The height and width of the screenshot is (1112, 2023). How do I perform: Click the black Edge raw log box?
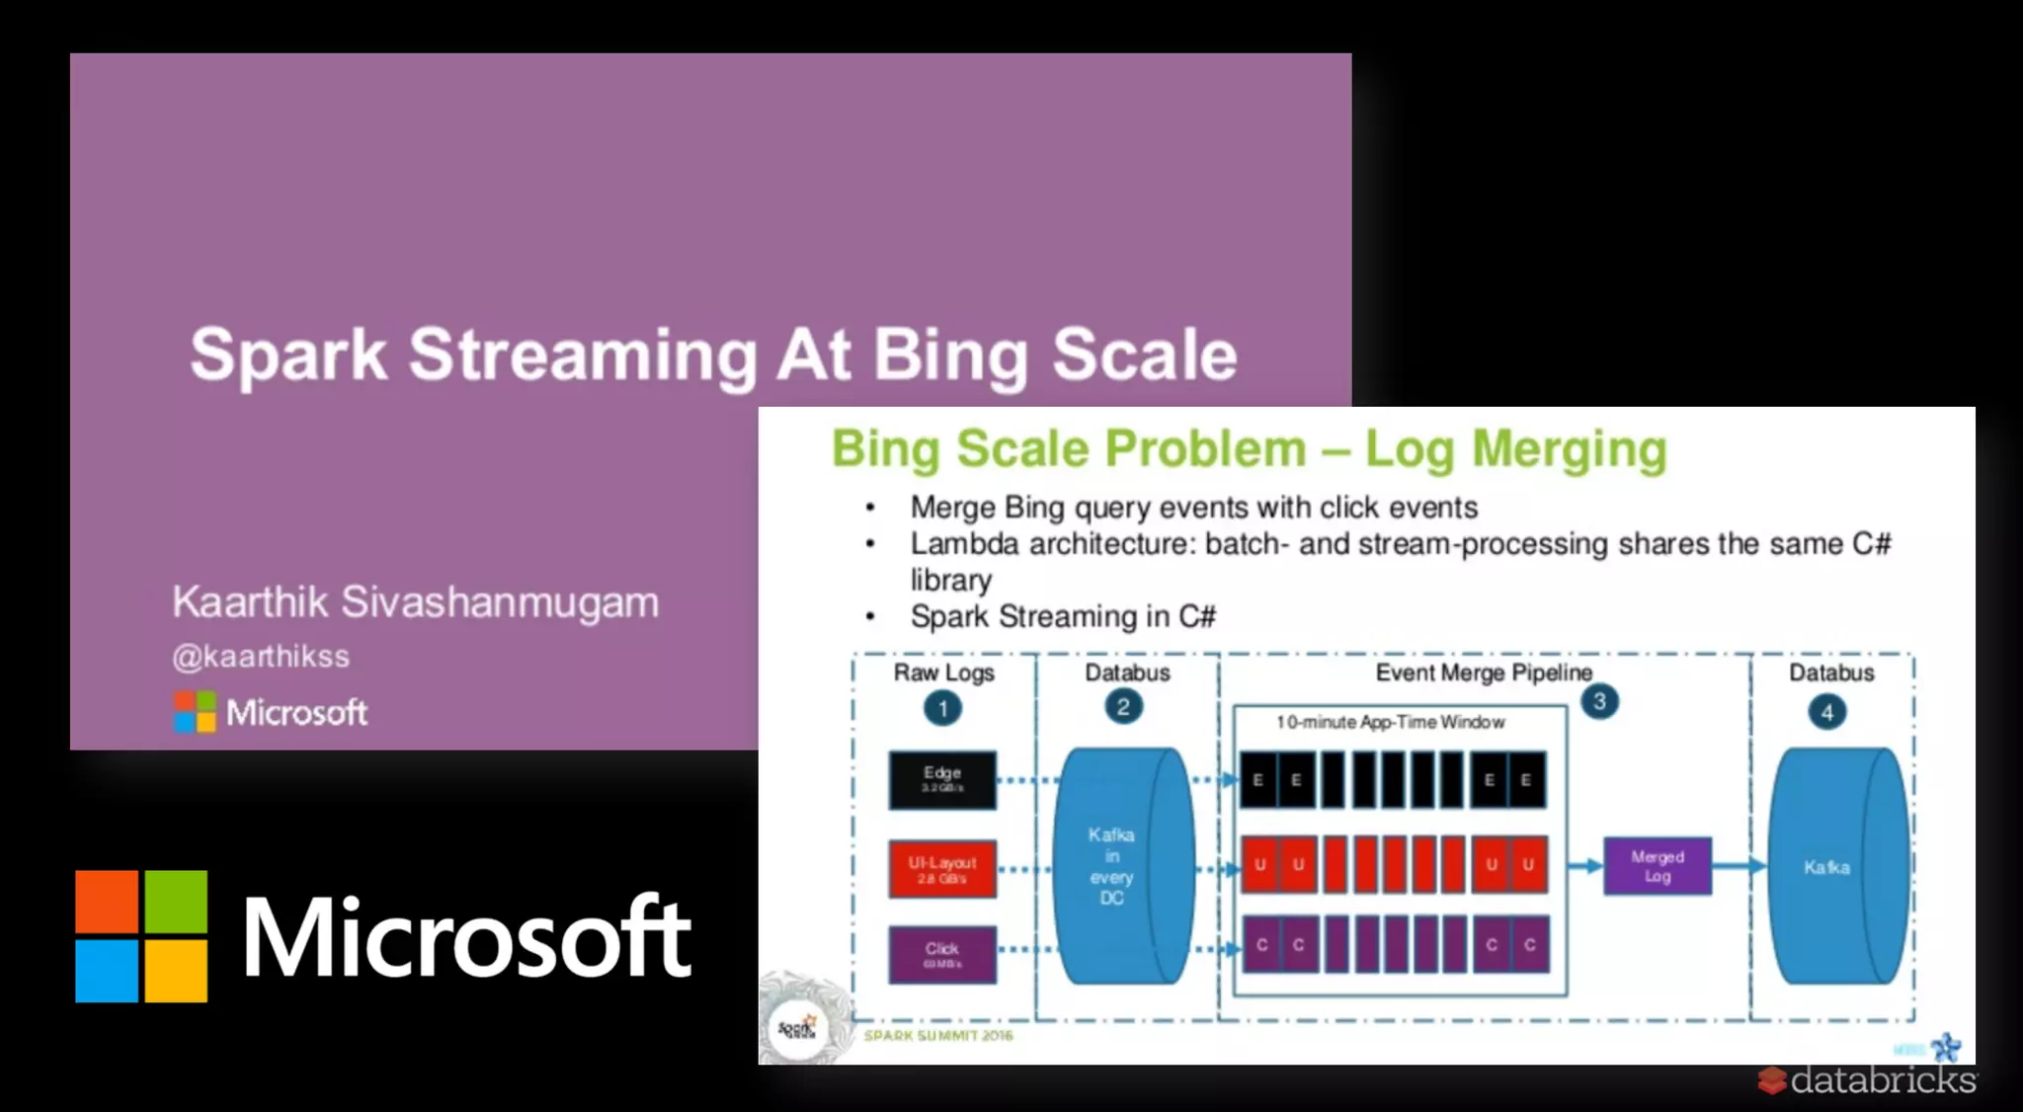click(942, 780)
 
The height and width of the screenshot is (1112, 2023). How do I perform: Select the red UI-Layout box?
click(942, 869)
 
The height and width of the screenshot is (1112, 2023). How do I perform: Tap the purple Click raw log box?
click(942, 954)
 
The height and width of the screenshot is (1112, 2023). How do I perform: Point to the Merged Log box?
click(1657, 866)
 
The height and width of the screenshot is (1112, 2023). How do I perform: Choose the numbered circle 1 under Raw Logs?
click(942, 708)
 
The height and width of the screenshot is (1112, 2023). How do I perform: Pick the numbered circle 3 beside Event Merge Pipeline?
click(1599, 702)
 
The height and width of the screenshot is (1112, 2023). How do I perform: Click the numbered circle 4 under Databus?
click(1826, 712)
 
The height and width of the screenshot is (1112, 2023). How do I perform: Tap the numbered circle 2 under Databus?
click(1123, 707)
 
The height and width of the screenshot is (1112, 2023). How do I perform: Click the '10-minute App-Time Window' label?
click(1390, 723)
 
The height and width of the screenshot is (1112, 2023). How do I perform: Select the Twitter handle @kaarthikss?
click(261, 657)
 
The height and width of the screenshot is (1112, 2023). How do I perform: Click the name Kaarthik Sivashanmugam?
click(415, 601)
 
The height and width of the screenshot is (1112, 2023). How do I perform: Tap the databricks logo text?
click(1882, 1080)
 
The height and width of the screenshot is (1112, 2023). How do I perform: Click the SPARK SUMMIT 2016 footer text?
click(938, 1036)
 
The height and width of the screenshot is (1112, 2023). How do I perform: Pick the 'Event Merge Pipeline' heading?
click(1484, 673)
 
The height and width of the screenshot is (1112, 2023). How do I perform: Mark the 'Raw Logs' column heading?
click(943, 673)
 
